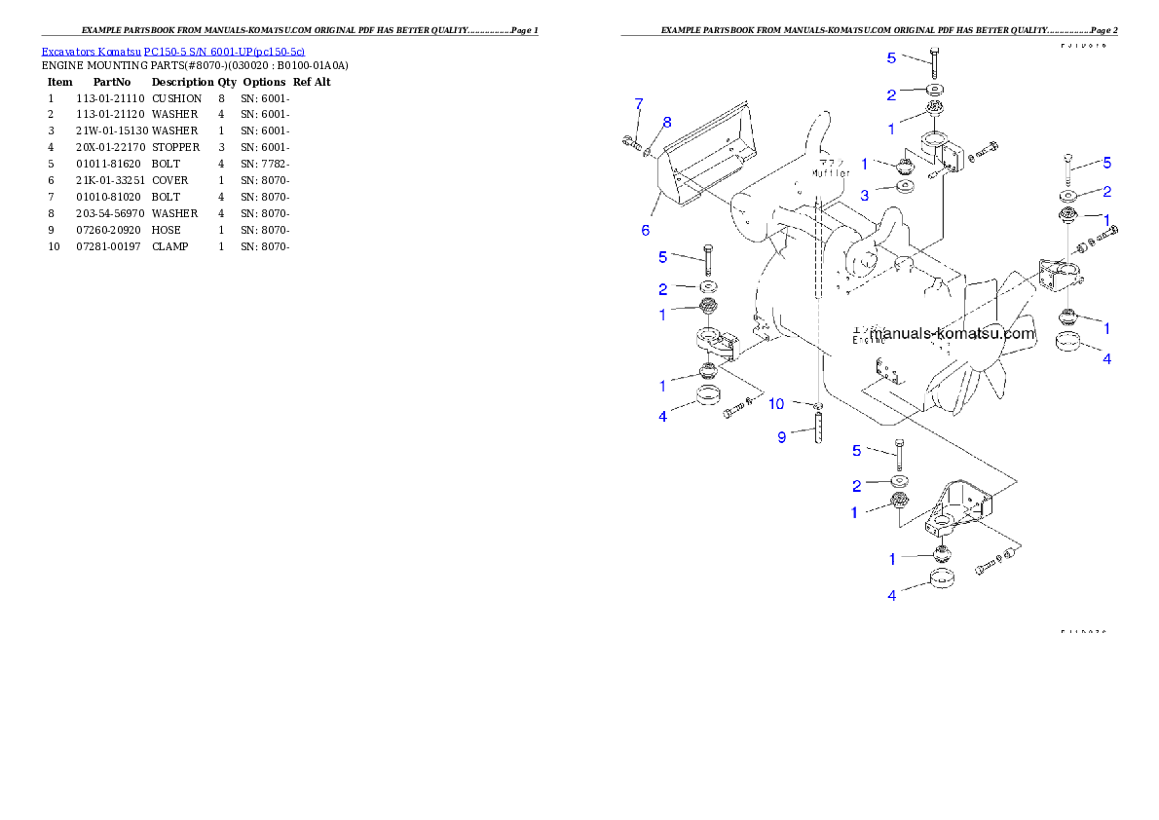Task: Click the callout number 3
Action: point(864,194)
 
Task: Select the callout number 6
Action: point(645,231)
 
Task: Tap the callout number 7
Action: point(639,103)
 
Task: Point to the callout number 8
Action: point(667,122)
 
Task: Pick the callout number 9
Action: point(781,438)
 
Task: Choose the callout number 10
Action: point(776,403)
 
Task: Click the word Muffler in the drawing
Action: point(831,173)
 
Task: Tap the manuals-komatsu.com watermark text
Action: point(952,333)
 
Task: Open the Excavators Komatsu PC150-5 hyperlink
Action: point(172,51)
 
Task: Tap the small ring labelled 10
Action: point(818,404)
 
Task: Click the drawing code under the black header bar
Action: point(1083,45)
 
